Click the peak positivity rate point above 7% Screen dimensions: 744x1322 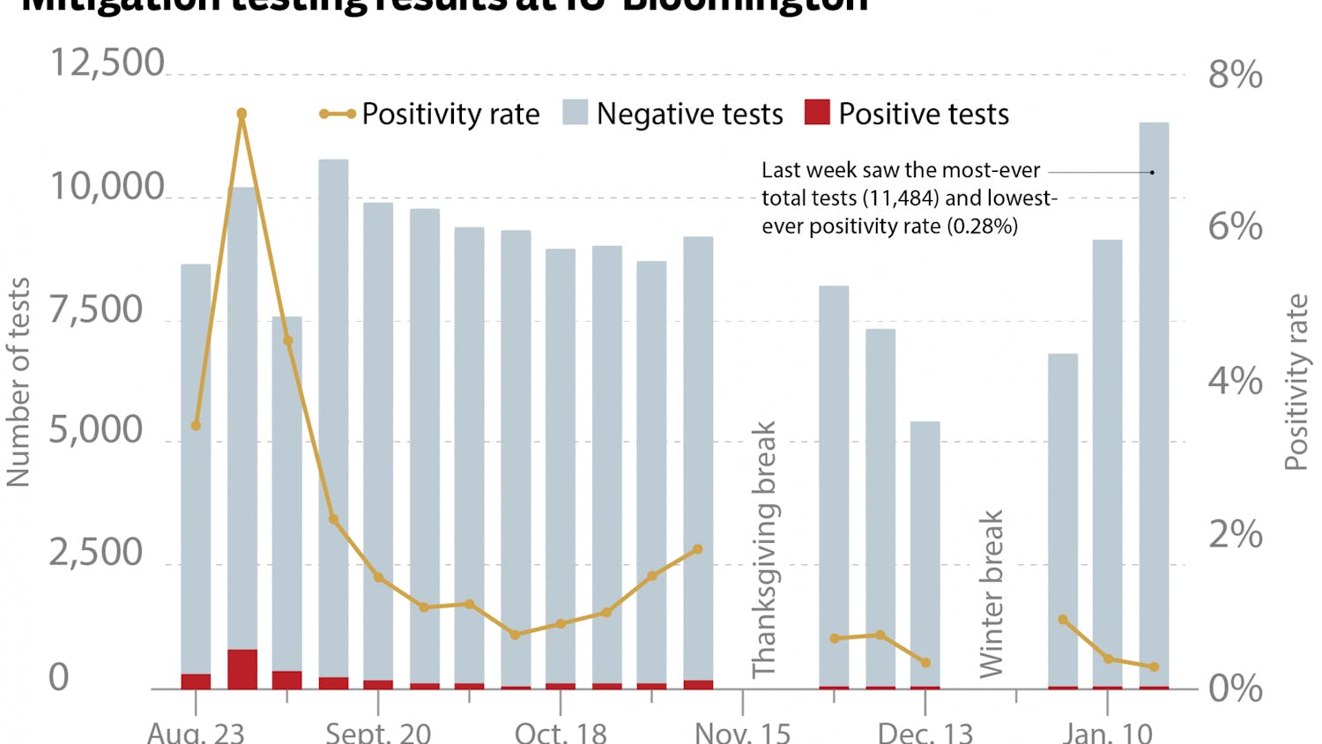(x=241, y=114)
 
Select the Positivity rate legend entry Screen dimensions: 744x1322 (x=430, y=114)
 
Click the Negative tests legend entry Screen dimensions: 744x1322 (x=673, y=114)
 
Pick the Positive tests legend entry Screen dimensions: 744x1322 (x=907, y=114)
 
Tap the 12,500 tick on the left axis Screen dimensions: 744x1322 (x=107, y=63)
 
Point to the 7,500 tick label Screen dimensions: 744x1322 (x=95, y=310)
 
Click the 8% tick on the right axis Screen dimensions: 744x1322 (x=1235, y=75)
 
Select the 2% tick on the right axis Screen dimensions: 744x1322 (x=1235, y=535)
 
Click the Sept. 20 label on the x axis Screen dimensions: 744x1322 (x=378, y=733)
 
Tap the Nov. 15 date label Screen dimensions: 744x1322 (x=742, y=733)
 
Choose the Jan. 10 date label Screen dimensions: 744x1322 (x=1107, y=733)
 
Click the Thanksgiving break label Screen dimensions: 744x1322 (x=764, y=549)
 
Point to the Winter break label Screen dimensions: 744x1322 (x=991, y=594)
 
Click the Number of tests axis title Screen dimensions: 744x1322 (x=19, y=382)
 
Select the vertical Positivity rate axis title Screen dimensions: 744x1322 (x=1296, y=382)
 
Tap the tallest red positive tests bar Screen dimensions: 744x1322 (x=242, y=668)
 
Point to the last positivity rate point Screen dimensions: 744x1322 (x=1154, y=666)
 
